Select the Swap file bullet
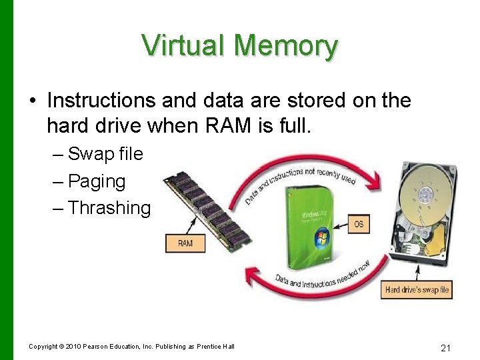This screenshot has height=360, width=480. click(105, 154)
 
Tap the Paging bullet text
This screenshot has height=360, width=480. click(97, 181)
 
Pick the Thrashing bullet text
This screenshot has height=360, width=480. click(109, 207)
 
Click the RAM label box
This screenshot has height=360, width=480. click(185, 243)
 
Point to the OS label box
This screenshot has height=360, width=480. click(359, 223)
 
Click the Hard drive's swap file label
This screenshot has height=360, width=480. click(418, 290)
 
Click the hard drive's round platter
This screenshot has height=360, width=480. click(425, 193)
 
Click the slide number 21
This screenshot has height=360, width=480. click(446, 347)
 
